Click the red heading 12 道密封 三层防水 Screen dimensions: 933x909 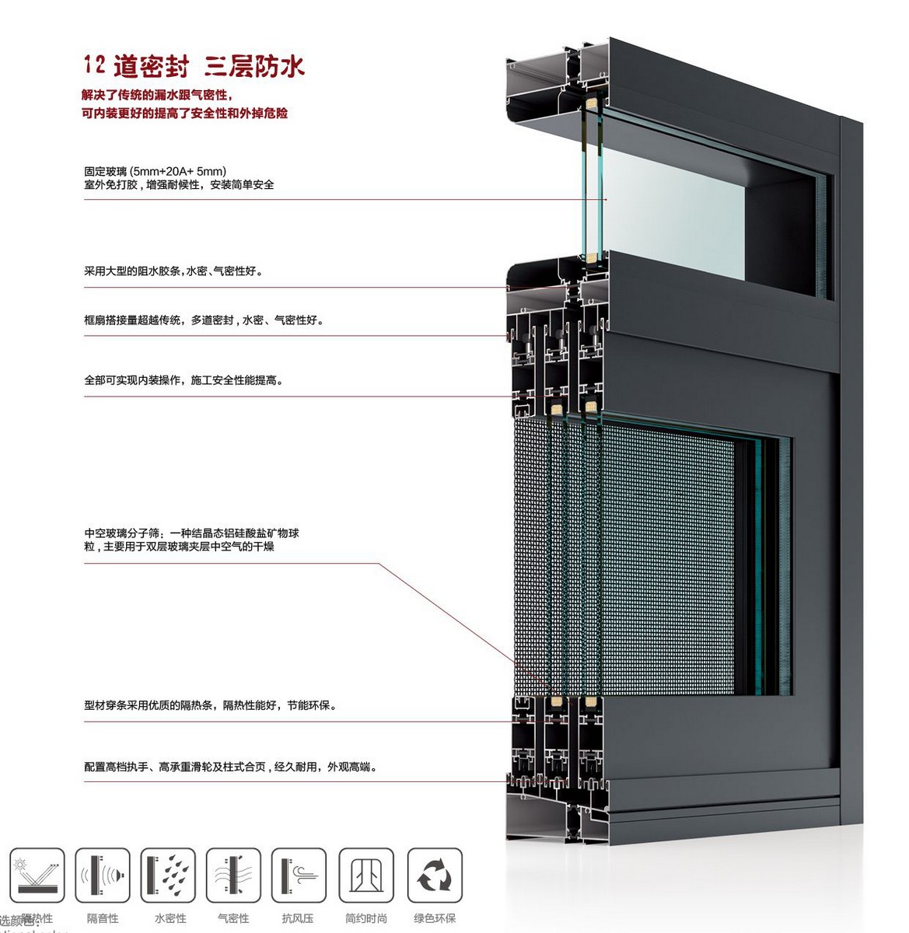(x=194, y=66)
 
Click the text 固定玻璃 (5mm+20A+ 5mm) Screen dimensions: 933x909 (x=156, y=171)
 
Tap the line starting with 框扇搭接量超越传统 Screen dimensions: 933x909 (x=203, y=320)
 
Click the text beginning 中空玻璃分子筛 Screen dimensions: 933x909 (x=191, y=533)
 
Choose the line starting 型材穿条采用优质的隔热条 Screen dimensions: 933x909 (x=210, y=706)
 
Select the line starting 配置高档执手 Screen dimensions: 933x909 (x=230, y=767)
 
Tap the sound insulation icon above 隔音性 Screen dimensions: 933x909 (x=103, y=875)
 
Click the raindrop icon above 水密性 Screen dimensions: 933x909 (x=168, y=875)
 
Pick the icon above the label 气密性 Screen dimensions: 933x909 (x=233, y=875)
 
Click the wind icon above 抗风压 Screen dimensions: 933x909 (x=299, y=875)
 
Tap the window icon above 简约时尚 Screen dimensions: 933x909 (x=366, y=875)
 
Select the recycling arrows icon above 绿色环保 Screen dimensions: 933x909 (x=435, y=875)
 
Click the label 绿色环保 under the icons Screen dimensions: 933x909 (x=435, y=919)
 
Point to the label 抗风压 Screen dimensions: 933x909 (x=298, y=919)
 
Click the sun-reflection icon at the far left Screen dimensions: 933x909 (x=37, y=875)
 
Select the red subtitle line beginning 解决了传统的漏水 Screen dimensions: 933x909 (x=156, y=96)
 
